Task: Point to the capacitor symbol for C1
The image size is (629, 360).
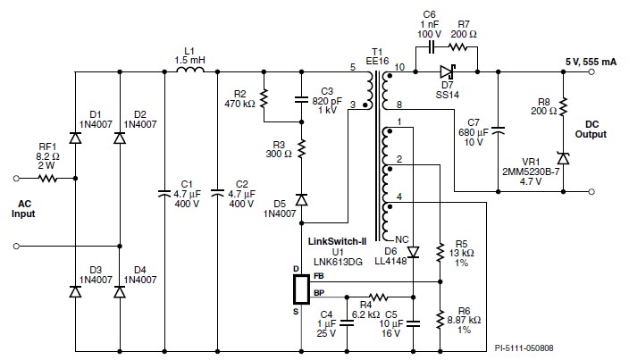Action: click(165, 191)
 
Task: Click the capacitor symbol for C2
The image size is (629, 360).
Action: click(217, 191)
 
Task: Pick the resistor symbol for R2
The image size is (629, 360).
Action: click(264, 97)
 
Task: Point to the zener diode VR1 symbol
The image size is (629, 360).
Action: click(563, 157)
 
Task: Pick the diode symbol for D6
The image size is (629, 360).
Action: click(413, 253)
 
